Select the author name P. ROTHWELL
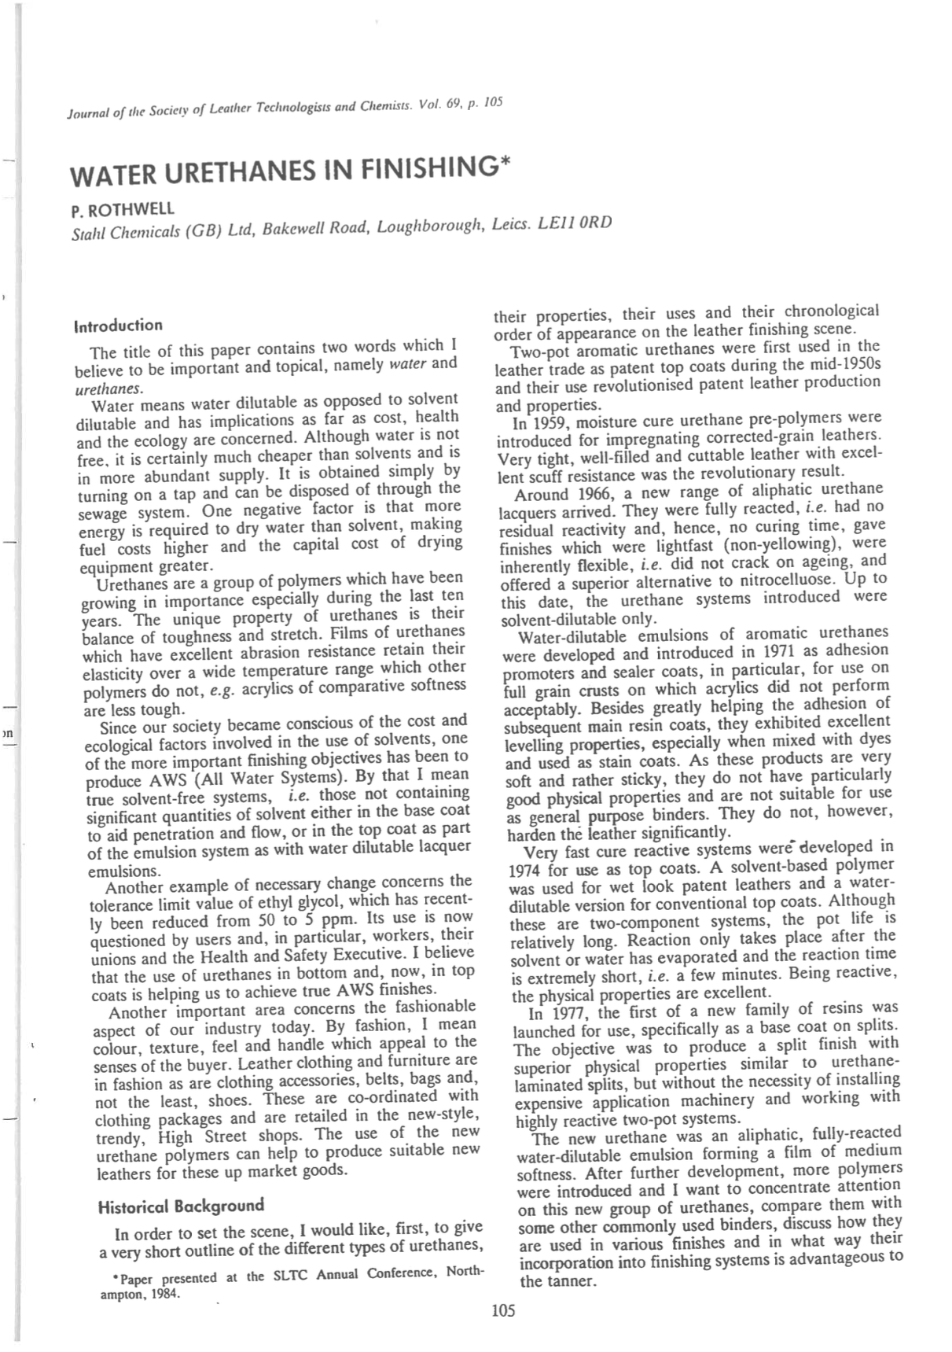pos(123,210)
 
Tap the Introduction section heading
pos(118,326)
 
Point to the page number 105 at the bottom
pos(503,1310)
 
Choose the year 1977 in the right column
pos(568,1013)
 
